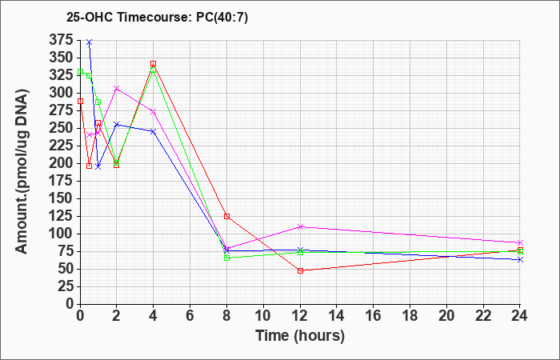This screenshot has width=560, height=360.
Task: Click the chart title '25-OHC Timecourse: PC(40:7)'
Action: [157, 17]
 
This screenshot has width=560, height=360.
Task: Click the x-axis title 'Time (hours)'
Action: [300, 336]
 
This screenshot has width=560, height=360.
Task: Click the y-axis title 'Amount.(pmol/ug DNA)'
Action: [22, 172]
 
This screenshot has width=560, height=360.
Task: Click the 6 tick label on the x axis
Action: [190, 316]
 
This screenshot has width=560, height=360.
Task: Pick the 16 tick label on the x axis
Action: [374, 316]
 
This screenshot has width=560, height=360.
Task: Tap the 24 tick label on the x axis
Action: [520, 316]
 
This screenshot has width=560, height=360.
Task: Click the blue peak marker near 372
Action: [90, 42]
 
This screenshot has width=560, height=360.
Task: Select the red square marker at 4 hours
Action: [154, 64]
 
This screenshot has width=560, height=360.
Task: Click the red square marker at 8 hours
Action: [226, 216]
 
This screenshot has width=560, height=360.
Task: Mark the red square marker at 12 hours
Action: [300, 270]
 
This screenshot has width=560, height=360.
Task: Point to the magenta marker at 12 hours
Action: [300, 226]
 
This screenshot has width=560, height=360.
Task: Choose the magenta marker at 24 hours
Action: [520, 242]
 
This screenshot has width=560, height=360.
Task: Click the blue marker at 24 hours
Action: [520, 260]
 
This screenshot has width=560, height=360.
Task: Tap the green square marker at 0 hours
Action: [80, 71]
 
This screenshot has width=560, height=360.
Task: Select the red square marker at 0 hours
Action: [80, 101]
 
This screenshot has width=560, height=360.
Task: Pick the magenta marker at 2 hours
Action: [117, 88]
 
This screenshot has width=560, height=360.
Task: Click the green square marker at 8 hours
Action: [226, 258]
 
